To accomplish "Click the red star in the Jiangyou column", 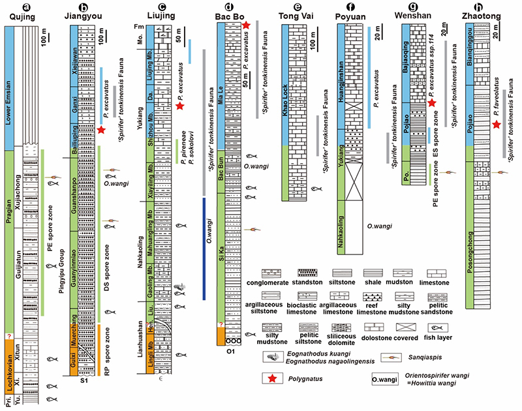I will tap(101, 131).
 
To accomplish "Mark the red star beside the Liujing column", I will tap(180, 104).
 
